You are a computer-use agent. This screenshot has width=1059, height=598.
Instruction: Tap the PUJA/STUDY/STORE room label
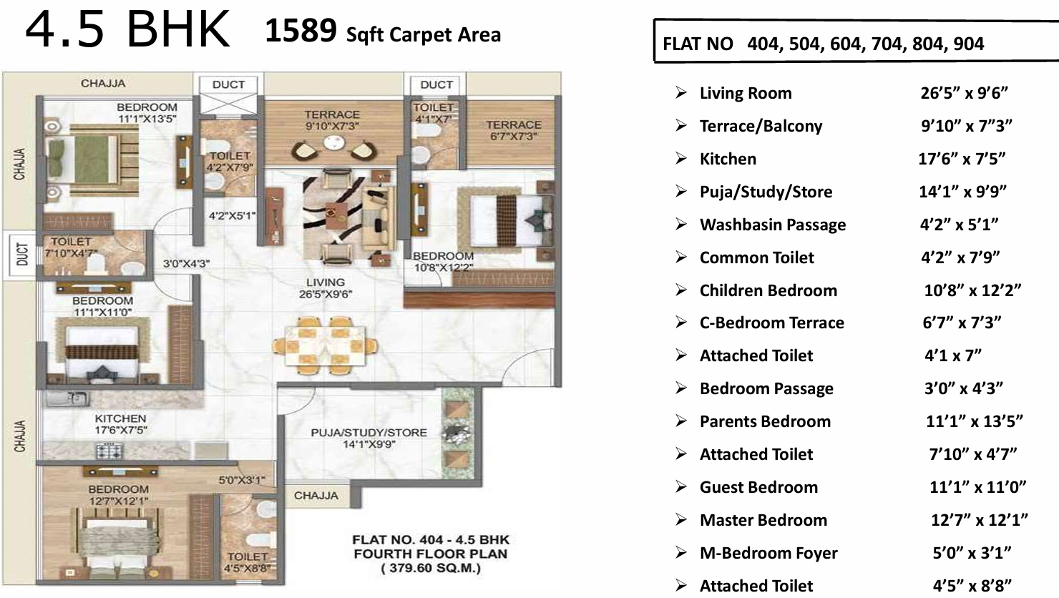[369, 433]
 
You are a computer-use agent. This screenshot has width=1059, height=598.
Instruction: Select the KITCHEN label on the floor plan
[120, 418]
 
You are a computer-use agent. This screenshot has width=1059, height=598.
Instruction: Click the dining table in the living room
[326, 345]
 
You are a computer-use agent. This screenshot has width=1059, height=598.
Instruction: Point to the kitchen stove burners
[109, 451]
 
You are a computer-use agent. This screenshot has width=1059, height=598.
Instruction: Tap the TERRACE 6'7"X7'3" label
[514, 130]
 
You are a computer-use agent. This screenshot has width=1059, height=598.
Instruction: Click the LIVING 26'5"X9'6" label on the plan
[326, 288]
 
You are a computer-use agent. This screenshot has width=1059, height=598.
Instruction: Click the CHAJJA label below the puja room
[316, 496]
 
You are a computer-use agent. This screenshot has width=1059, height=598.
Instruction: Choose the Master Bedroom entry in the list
[763, 520]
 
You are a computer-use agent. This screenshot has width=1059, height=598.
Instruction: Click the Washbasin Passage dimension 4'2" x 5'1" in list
[960, 225]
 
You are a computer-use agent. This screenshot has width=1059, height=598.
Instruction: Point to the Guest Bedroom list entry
[758, 487]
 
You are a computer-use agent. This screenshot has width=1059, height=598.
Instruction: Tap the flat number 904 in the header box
[969, 44]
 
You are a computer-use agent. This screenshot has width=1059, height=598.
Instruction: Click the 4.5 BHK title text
[127, 29]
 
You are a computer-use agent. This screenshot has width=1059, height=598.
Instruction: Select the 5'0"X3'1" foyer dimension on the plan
[242, 480]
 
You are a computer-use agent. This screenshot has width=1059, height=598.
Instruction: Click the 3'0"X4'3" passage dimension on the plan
[186, 263]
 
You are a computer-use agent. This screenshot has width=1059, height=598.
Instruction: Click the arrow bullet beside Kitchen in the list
[680, 158]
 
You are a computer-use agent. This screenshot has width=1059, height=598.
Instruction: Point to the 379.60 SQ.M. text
[431, 568]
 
